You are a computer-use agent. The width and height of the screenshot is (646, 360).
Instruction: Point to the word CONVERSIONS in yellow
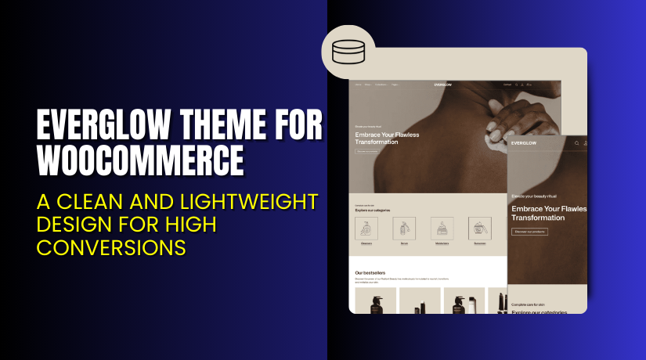(x=111, y=247)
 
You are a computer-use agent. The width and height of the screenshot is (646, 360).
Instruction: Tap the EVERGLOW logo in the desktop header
(x=445, y=85)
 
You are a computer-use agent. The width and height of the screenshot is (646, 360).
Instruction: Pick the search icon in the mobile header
(x=576, y=143)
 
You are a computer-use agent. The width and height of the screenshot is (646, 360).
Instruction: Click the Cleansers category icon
(x=366, y=228)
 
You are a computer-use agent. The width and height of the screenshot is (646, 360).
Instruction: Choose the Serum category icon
(x=404, y=228)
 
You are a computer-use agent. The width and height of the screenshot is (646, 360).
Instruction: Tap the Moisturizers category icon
(x=442, y=228)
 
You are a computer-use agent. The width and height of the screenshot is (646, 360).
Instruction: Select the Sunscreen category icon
(x=479, y=228)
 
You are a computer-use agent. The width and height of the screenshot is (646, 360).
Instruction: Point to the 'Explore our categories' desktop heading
(x=373, y=211)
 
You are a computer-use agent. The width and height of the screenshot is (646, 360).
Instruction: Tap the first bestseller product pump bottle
(x=375, y=301)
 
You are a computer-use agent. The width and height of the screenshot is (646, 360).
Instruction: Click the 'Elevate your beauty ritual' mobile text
(x=541, y=196)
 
